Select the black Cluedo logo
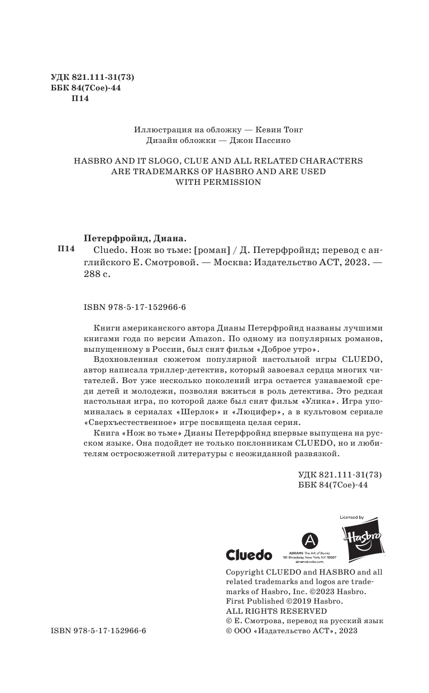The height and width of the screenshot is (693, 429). (249, 555)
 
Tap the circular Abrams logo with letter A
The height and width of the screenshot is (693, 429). (311, 540)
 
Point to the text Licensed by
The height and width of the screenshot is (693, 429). (352, 518)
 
